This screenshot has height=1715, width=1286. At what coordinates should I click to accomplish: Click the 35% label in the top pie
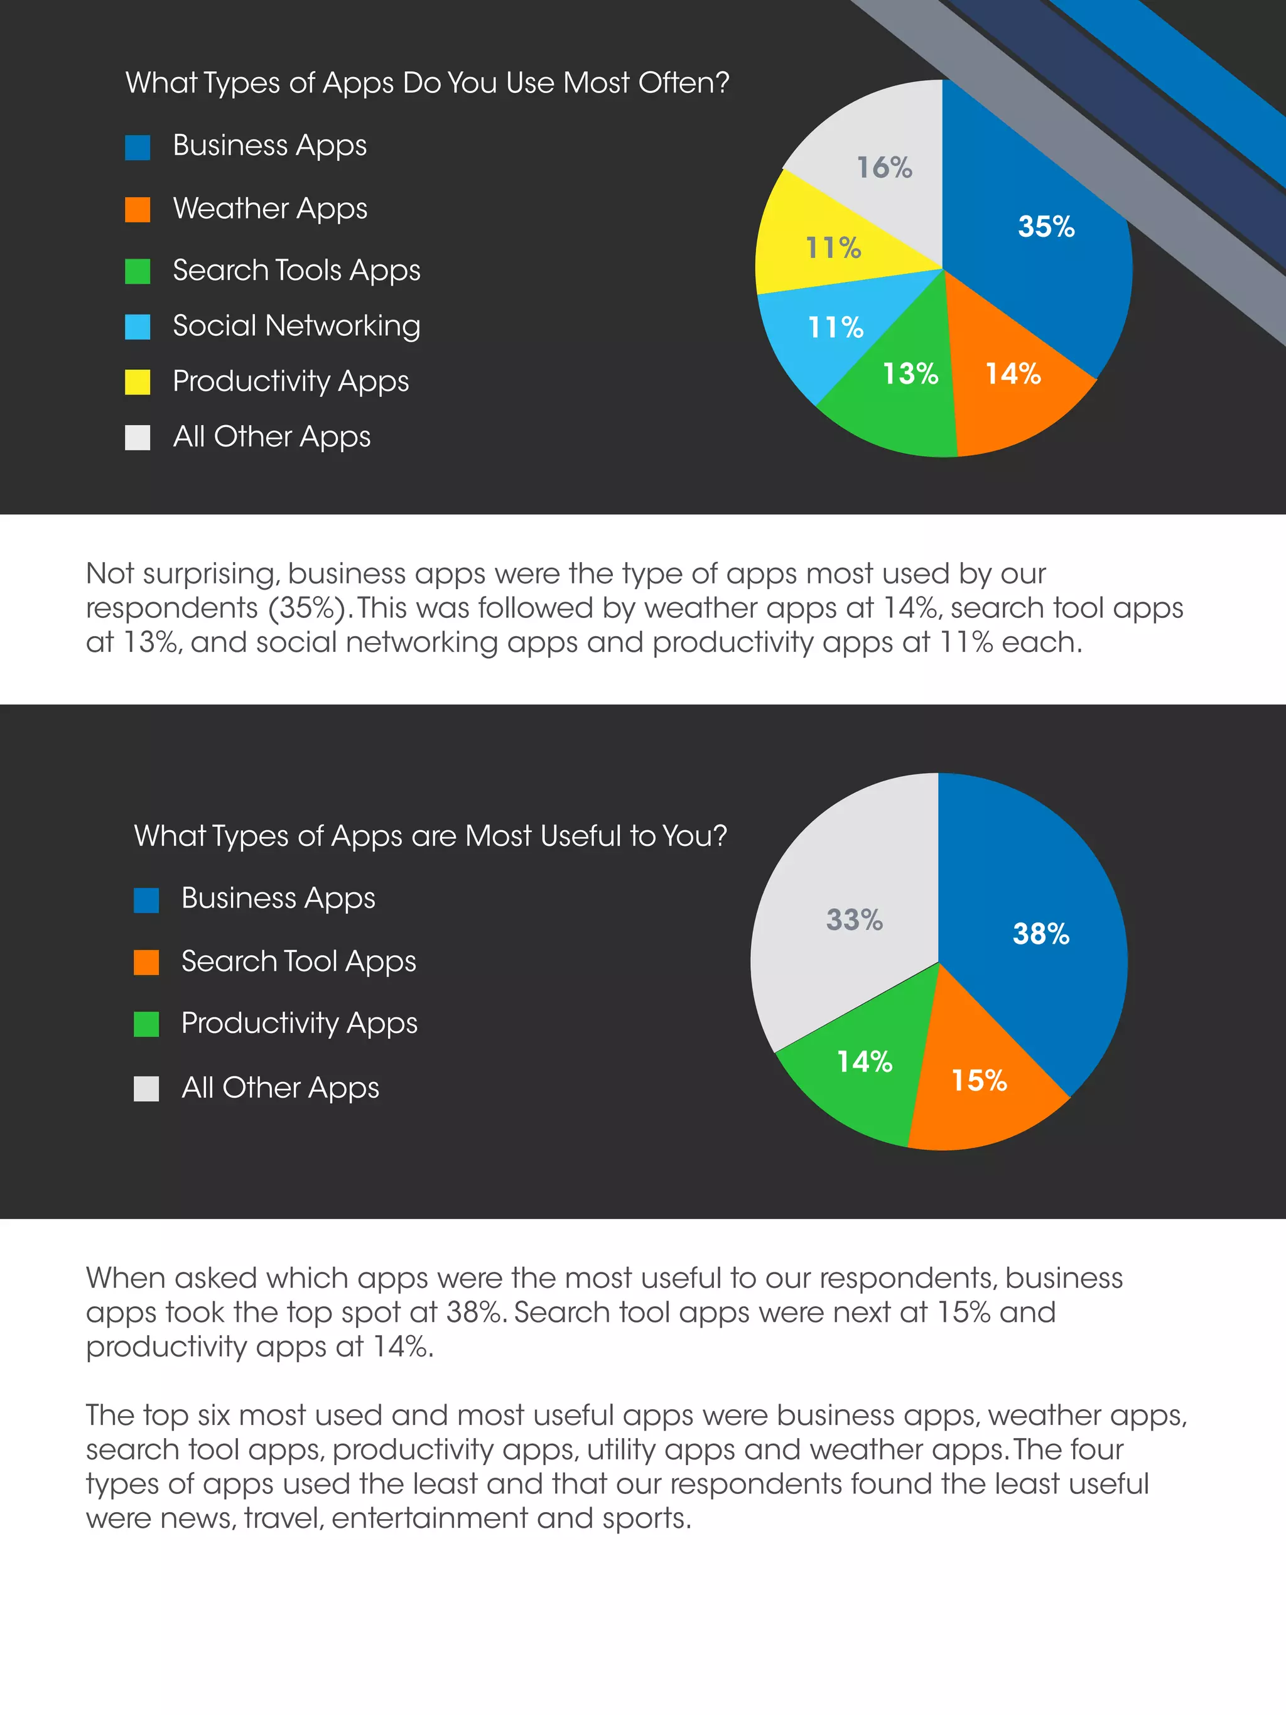click(x=1046, y=227)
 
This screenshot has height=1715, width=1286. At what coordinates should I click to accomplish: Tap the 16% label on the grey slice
click(x=883, y=168)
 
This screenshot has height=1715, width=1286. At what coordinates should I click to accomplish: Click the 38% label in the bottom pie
click(x=1040, y=933)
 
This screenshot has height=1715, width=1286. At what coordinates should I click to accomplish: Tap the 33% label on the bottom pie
click(x=853, y=919)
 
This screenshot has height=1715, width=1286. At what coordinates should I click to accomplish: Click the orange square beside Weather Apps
click(x=138, y=209)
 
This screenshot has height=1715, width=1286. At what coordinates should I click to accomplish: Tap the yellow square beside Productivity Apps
click(x=138, y=381)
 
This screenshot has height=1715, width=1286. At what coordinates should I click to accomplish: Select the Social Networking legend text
click(x=296, y=326)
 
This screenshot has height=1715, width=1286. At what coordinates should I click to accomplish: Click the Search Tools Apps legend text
click(x=296, y=271)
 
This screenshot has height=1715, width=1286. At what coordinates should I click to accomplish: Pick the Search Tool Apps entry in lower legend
click(x=298, y=961)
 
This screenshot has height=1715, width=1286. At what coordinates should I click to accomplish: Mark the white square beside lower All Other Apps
click(x=146, y=1088)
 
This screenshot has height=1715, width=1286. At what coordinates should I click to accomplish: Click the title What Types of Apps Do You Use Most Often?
click(x=427, y=83)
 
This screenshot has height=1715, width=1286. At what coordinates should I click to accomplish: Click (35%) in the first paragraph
click(x=307, y=609)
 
